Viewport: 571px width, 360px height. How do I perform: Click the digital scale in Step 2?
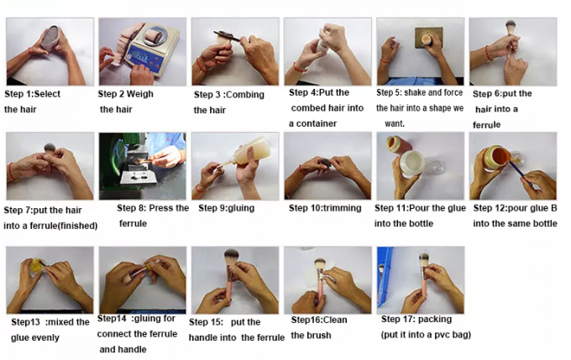(152, 49)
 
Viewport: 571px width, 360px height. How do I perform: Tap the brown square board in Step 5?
(428, 37)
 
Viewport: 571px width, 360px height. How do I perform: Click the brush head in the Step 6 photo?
(511, 27)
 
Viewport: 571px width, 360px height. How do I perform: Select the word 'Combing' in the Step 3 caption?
(245, 95)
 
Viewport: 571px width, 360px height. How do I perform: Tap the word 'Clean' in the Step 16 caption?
(334, 320)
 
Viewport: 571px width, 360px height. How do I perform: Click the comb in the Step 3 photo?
(227, 35)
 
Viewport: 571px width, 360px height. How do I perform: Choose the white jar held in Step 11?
(412, 164)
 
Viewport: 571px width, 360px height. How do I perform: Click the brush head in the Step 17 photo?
(424, 260)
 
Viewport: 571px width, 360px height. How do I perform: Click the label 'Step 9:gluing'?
(226, 209)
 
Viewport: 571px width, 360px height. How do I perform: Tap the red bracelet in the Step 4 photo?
(299, 68)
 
